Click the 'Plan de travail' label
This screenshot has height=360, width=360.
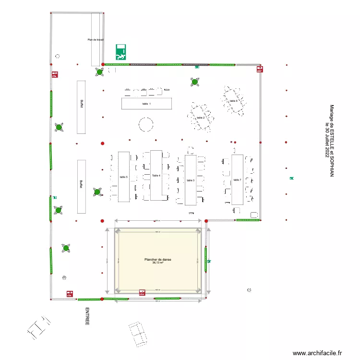(96, 40)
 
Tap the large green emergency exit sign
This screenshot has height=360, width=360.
(121, 51)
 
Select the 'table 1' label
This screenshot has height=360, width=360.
(146, 104)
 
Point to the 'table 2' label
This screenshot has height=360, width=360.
(201, 118)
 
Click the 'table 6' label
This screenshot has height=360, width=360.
(233, 101)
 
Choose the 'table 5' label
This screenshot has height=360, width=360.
(123, 177)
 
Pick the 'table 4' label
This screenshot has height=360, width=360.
(156, 176)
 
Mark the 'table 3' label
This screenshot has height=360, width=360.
(191, 180)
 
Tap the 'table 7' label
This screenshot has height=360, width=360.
(237, 180)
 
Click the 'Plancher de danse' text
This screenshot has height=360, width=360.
(158, 260)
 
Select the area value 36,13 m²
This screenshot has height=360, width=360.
(158, 263)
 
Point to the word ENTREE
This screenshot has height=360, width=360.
(87, 317)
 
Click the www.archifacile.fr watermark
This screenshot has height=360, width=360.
(318, 353)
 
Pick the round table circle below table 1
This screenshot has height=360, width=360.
(146, 125)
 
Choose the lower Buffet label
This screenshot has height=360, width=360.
(82, 184)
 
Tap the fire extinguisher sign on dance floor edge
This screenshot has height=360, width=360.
(142, 291)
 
